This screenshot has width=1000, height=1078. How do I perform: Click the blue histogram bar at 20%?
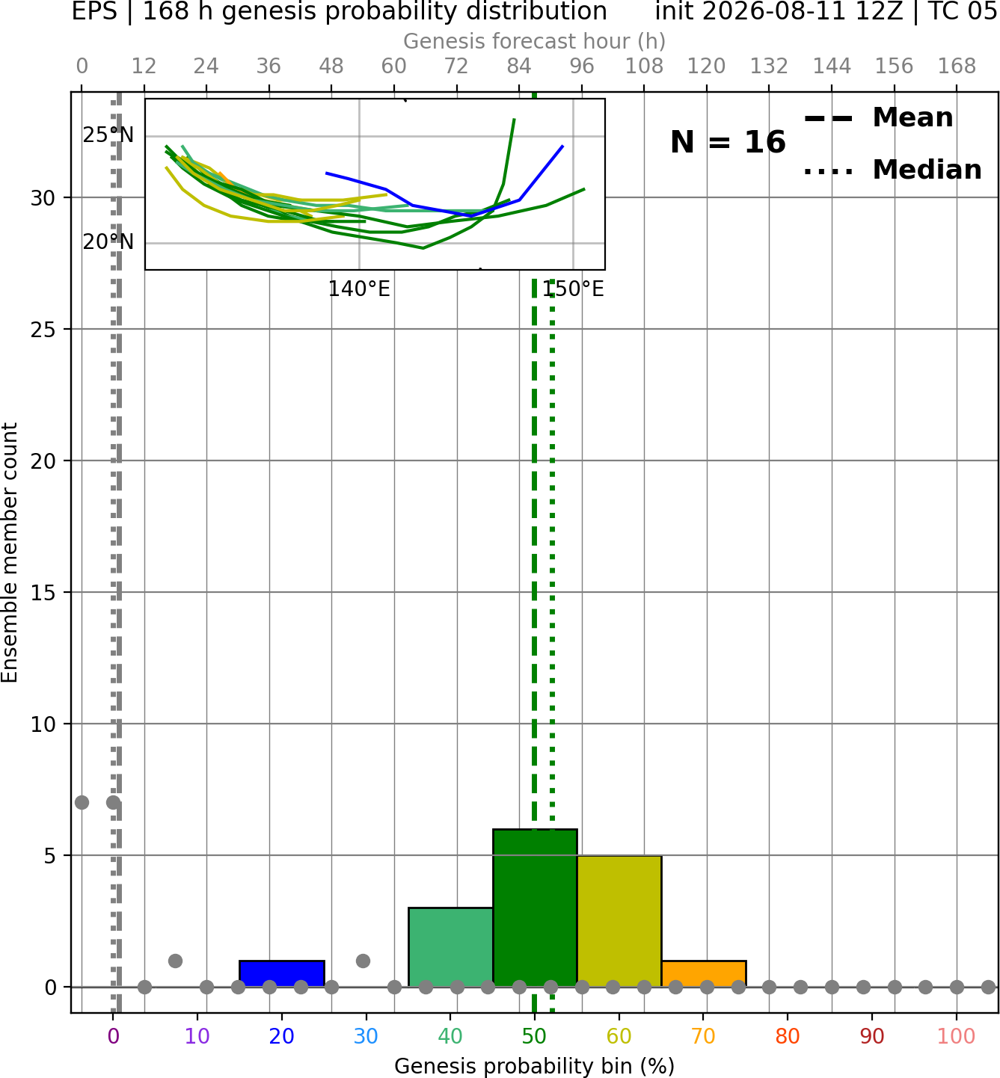(x=282, y=974)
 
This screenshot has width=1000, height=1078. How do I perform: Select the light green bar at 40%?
(x=451, y=947)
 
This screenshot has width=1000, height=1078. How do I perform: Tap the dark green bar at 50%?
(x=535, y=908)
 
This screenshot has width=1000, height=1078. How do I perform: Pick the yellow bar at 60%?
(x=619, y=921)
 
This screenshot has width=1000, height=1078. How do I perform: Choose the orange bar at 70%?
(x=704, y=974)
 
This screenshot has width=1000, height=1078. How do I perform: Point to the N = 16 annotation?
(x=728, y=142)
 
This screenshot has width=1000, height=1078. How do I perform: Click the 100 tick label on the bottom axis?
(x=957, y=1036)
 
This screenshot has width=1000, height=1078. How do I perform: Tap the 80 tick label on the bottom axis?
(x=788, y=1036)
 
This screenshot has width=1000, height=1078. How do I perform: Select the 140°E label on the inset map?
(x=359, y=289)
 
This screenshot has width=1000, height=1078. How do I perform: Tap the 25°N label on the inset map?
(x=108, y=135)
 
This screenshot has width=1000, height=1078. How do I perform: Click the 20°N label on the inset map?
(x=108, y=242)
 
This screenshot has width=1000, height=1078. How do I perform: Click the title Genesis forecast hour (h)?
(x=535, y=41)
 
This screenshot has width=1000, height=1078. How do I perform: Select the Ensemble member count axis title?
(x=10, y=552)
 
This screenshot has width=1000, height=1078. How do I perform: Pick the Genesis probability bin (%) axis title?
(x=535, y=1066)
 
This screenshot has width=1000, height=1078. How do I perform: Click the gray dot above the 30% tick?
(x=363, y=961)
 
